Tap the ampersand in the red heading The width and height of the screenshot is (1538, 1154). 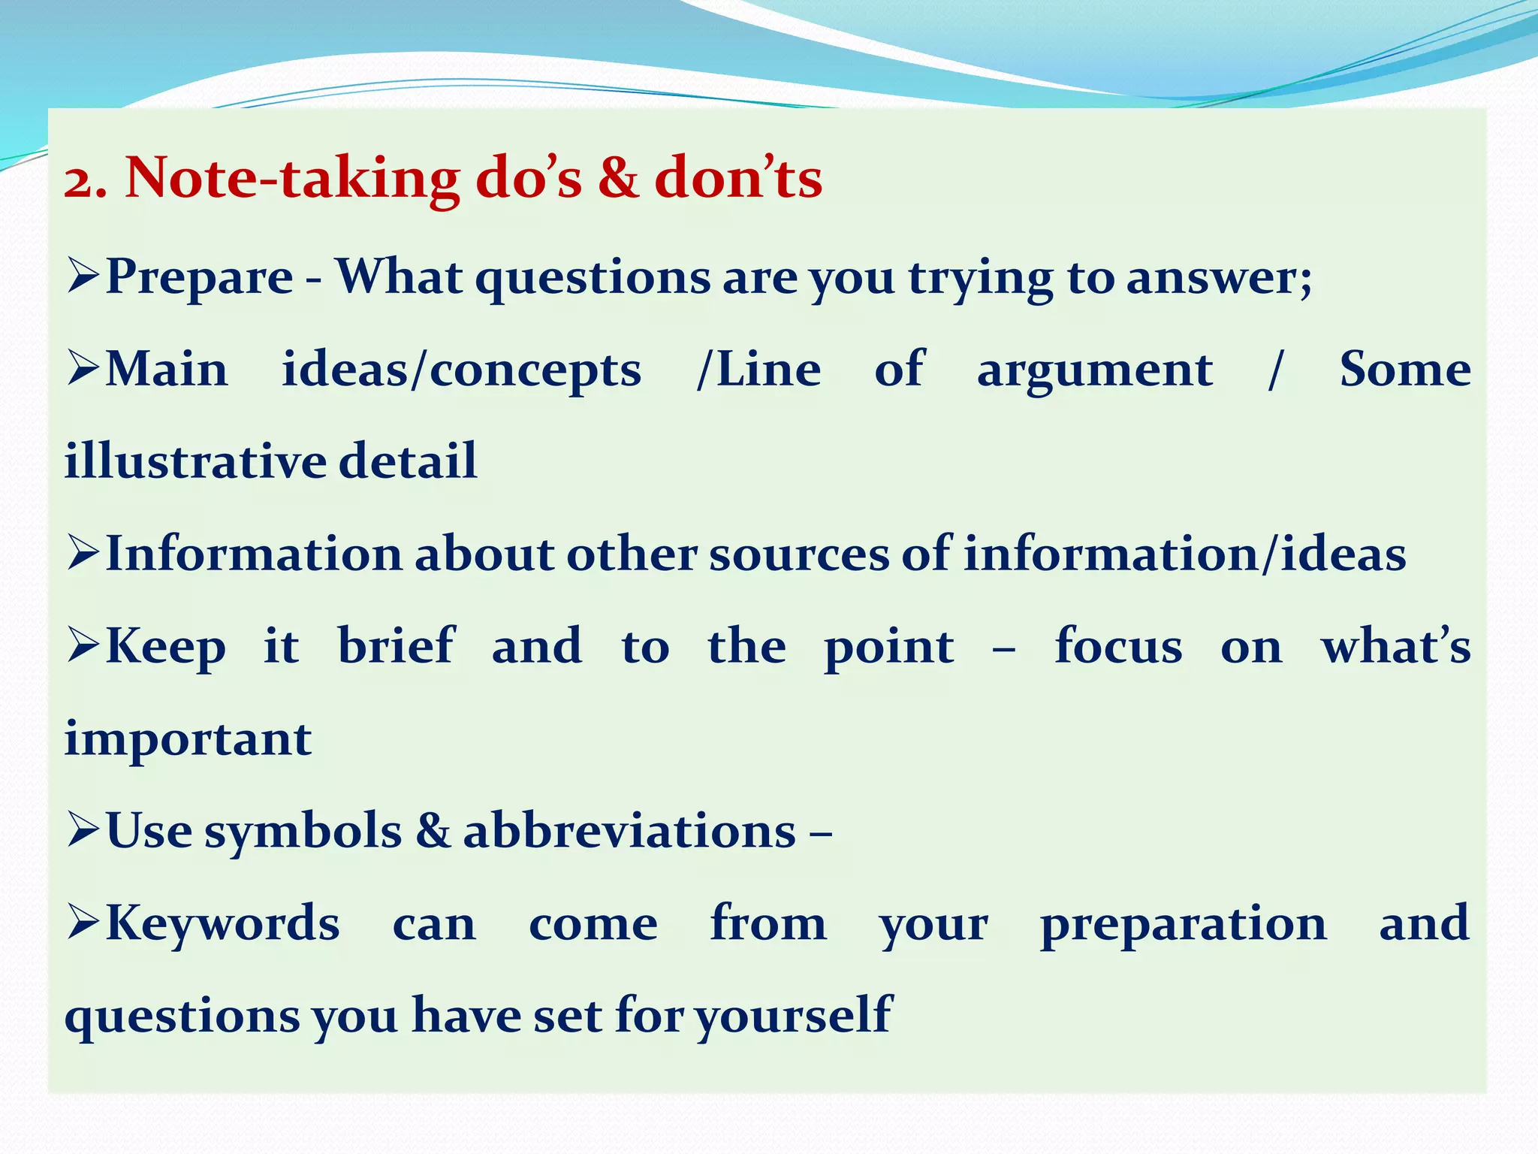(x=618, y=179)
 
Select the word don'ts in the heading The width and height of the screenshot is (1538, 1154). (x=738, y=179)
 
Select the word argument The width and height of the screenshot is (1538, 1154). (x=1094, y=372)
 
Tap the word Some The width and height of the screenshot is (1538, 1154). (x=1405, y=370)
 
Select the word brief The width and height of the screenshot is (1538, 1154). (x=396, y=646)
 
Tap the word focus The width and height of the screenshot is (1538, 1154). (x=1118, y=646)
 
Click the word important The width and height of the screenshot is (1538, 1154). (x=188, y=740)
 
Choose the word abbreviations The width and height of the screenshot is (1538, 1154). (x=629, y=832)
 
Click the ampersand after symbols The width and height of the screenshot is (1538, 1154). (x=433, y=831)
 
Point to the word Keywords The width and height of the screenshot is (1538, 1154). (x=223, y=923)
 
